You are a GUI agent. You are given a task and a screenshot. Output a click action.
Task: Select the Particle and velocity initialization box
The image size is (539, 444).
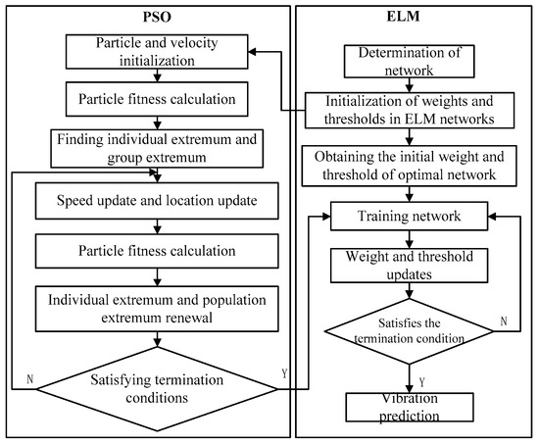tap(156, 53)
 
